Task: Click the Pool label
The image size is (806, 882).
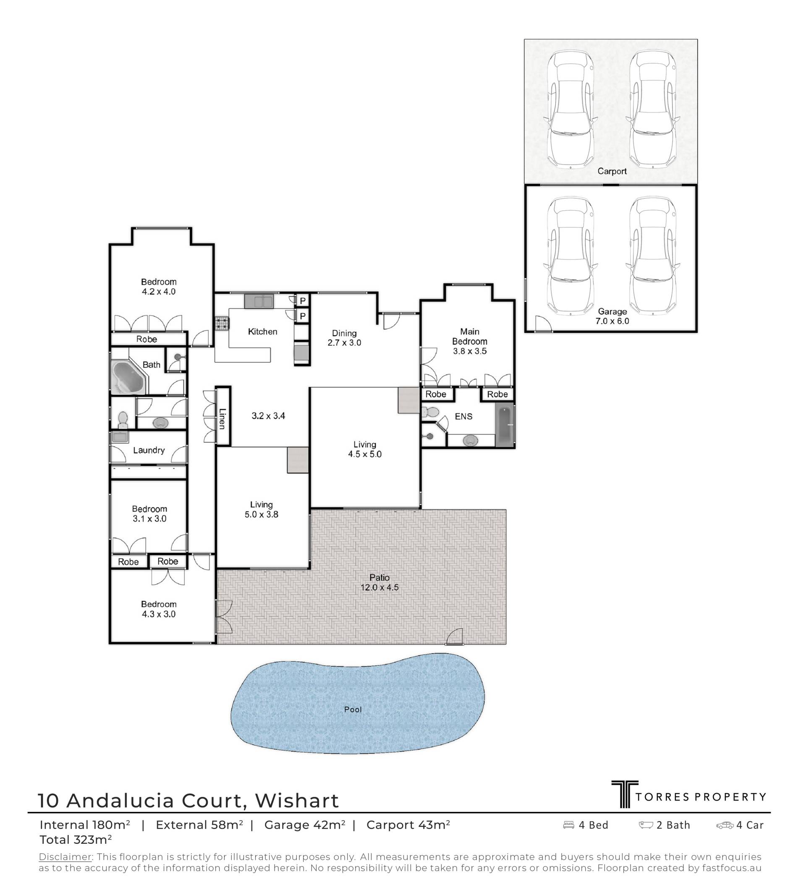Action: coord(353,709)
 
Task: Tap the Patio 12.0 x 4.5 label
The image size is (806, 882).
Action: coord(379,582)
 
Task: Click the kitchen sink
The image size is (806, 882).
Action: coord(259,301)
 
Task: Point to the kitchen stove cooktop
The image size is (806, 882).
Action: coord(222,324)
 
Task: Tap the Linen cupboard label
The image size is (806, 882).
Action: coord(222,418)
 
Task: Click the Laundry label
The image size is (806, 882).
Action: coord(149,450)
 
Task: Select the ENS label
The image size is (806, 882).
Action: coord(463,417)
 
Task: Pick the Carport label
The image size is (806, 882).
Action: coord(612,171)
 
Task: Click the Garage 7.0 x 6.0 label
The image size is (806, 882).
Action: coord(612,316)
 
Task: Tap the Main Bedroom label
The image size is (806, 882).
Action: coord(470,337)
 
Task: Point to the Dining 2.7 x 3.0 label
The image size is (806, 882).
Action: coord(344,338)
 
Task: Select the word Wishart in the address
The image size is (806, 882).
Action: coord(297,801)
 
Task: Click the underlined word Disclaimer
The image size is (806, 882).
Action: coord(65,857)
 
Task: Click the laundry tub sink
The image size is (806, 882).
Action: coord(120,437)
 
